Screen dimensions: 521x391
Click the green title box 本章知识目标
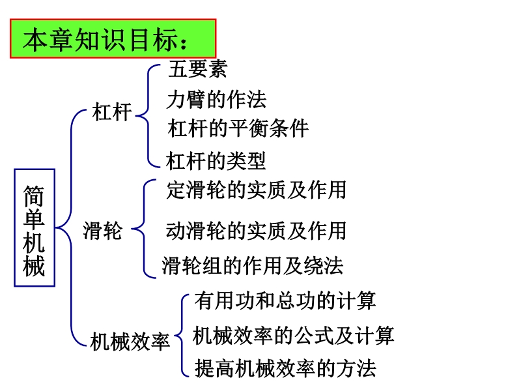pos(113,38)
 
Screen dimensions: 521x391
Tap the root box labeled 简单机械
pos(35,227)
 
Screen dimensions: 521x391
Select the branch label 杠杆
pos(112,111)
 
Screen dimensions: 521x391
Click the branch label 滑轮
pos(103,231)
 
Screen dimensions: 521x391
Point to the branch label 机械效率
pos(130,341)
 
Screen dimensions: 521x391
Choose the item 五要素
pos(198,69)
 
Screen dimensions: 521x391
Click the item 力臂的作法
pos(216,100)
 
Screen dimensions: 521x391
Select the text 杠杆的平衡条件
pos(238,128)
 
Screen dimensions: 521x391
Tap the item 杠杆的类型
pos(216,161)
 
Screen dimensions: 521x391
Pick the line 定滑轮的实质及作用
pos(256,190)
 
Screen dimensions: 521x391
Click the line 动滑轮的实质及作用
pos(256,231)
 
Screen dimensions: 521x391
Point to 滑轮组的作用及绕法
pos(253,266)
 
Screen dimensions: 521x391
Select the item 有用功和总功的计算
pos(285,300)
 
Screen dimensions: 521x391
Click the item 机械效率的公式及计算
pos(294,335)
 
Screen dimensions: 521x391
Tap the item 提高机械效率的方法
pos(285,368)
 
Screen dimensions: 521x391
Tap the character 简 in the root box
pos(34,196)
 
